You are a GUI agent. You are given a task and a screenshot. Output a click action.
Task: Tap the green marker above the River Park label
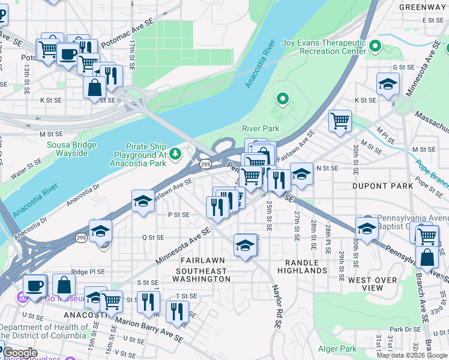(x=282, y=98)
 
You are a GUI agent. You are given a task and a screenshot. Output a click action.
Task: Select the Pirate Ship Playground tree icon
(x=175, y=154)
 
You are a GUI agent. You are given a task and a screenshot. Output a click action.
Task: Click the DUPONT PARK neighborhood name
(x=383, y=186)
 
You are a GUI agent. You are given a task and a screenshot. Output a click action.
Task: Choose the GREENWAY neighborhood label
(x=423, y=8)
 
